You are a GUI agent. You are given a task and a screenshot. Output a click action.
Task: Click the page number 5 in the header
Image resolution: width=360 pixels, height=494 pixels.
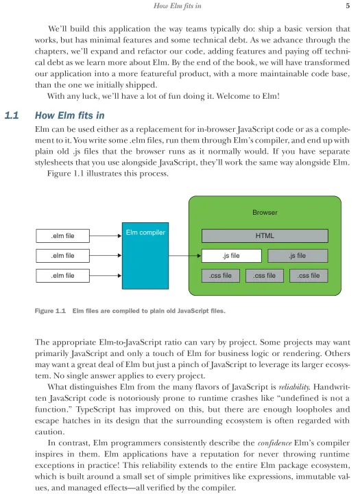[x=348, y=5]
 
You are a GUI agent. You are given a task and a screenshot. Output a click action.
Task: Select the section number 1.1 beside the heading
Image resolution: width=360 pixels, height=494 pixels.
[x=12, y=115]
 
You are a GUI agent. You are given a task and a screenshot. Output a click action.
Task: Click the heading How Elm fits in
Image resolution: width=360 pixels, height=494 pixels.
[x=70, y=115]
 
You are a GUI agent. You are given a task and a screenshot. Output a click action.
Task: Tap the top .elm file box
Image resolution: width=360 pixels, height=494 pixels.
[x=62, y=236]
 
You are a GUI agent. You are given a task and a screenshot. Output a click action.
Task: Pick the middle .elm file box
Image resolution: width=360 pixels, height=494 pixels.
[x=62, y=256]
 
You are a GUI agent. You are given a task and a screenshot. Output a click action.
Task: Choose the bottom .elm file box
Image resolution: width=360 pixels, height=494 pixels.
[x=62, y=276]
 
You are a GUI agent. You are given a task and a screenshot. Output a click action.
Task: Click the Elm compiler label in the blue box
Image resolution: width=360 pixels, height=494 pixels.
[x=145, y=233]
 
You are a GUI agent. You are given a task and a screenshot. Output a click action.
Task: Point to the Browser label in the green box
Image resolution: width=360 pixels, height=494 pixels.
[x=265, y=212]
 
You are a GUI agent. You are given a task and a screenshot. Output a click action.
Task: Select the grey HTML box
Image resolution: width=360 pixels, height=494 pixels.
[x=265, y=236]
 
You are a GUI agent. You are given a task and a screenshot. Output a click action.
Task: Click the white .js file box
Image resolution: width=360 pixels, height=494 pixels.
[x=232, y=256]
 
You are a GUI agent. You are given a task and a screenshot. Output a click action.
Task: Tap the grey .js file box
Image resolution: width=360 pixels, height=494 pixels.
[x=298, y=256]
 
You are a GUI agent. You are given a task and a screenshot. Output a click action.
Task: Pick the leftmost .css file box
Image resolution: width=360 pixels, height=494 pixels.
[x=221, y=276]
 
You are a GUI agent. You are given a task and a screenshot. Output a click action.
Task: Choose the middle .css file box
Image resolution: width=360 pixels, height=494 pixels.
[x=265, y=276]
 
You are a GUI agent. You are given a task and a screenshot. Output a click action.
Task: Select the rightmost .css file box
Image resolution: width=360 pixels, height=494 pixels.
[x=309, y=276]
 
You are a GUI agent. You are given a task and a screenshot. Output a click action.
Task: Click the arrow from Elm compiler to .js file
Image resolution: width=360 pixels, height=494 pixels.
[x=185, y=255]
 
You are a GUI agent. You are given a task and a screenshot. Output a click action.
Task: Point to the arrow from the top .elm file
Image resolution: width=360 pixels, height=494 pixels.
[x=106, y=235]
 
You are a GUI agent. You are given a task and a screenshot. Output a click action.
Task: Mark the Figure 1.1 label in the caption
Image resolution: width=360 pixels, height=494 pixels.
[x=50, y=311]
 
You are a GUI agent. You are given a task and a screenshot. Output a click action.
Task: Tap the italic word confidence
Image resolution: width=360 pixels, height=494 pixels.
[x=275, y=443]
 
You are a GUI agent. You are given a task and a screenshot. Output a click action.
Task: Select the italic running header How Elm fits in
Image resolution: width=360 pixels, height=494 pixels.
[x=178, y=5]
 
